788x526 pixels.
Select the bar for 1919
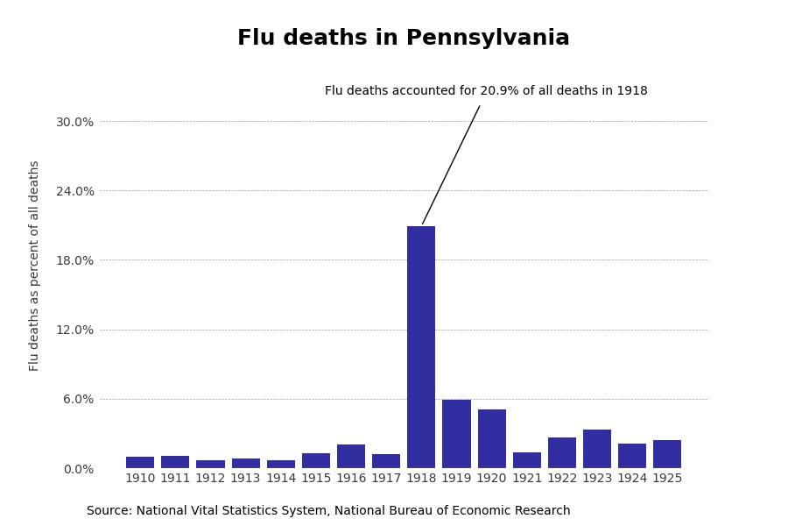pyautogui.click(x=456, y=434)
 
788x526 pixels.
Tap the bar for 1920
pyautogui.click(x=491, y=438)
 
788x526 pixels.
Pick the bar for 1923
pyautogui.click(x=597, y=449)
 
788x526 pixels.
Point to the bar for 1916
pyautogui.click(x=351, y=456)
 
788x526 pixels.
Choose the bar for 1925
pyautogui.click(x=667, y=454)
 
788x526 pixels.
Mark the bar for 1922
pyautogui.click(x=562, y=452)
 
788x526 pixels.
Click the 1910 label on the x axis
pyautogui.click(x=140, y=479)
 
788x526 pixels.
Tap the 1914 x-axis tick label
pyautogui.click(x=281, y=479)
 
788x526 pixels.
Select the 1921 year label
pyautogui.click(x=527, y=479)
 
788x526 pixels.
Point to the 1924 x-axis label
pyautogui.click(x=632, y=479)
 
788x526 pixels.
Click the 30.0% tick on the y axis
pyautogui.click(x=74, y=122)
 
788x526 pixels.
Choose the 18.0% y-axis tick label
pyautogui.click(x=74, y=260)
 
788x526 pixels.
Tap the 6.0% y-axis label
pyautogui.click(x=78, y=399)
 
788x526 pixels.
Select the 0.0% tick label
pyautogui.click(x=78, y=469)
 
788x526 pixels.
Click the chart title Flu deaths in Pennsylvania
pyautogui.click(x=404, y=39)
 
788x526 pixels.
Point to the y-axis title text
pyautogui.click(x=34, y=266)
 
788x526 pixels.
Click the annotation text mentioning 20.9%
pyautogui.click(x=486, y=91)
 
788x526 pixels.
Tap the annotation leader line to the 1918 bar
pyautogui.click(x=451, y=165)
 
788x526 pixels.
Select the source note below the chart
pyautogui.click(x=328, y=511)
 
